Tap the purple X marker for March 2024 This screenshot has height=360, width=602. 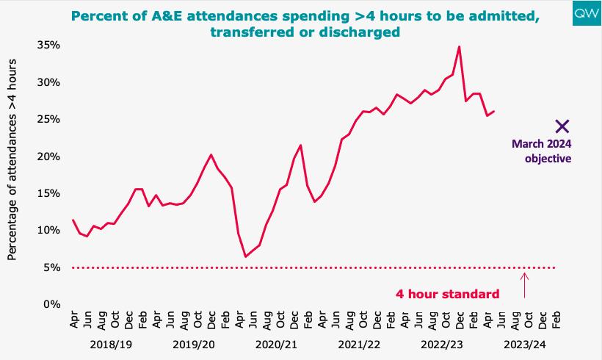click(x=562, y=126)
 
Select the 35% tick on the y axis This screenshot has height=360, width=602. click(x=50, y=45)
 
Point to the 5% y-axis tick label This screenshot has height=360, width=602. click(x=53, y=267)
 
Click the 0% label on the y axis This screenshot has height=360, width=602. click(x=53, y=304)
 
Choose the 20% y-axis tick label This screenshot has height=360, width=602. click(x=50, y=156)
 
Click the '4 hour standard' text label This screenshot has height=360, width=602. click(x=448, y=294)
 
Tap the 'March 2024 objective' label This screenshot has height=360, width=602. click(x=542, y=151)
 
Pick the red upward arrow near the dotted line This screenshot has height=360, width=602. click(x=524, y=285)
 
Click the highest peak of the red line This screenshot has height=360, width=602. click(x=459, y=47)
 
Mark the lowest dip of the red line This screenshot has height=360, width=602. click(x=246, y=256)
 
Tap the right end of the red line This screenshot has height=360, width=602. click(x=494, y=112)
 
